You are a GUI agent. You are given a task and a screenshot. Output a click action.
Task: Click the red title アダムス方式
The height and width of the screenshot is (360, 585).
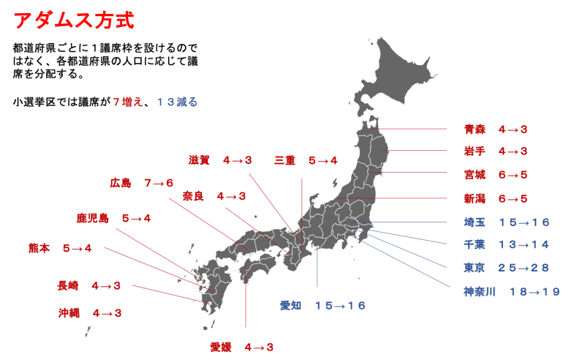[74, 20]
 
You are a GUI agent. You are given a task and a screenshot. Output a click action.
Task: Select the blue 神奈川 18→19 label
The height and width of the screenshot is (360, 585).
[511, 291]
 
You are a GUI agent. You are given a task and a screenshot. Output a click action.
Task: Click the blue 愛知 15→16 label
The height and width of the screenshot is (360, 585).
[322, 306]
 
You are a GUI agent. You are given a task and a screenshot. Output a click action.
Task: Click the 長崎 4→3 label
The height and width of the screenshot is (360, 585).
[89, 286]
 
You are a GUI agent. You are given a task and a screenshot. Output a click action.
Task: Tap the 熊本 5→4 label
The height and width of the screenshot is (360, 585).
[61, 249]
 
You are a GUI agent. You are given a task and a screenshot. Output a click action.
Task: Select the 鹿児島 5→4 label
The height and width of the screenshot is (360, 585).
[113, 218]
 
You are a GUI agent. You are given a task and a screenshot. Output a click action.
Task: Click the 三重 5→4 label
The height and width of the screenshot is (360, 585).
[306, 160]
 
